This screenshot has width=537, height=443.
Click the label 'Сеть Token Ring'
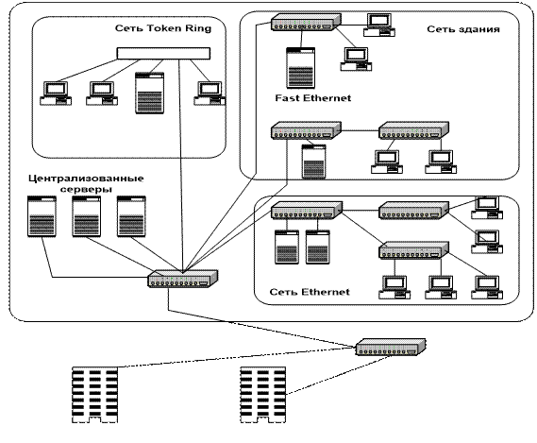pos(163,28)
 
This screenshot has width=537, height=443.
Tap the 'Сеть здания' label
pos(463,29)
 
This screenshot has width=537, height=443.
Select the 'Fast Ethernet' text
pos(313,98)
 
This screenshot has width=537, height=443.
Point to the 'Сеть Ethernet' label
pos(310,292)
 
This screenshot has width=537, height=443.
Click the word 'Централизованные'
pos(86,179)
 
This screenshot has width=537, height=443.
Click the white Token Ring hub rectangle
pos(163,54)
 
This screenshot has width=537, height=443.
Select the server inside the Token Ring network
pos(150,93)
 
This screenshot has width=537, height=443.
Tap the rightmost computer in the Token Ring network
pos(210,94)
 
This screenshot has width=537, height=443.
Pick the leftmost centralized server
pos(42,216)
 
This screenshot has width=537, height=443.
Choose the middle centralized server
pos(86,216)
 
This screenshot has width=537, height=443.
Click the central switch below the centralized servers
pos(183,279)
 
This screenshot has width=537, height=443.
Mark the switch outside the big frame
pos(391,347)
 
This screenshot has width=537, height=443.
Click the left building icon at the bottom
pos(95,395)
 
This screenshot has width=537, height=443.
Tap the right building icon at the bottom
pos(263,395)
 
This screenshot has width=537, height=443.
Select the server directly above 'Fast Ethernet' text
pos(301,68)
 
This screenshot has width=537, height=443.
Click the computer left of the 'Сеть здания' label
pos(379,25)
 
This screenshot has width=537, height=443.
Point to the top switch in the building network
pos(306,23)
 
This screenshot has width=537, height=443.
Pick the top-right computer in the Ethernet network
pos(487,208)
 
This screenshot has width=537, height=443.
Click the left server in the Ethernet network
pos(287,247)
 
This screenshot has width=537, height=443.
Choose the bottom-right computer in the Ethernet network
pos(487,287)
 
